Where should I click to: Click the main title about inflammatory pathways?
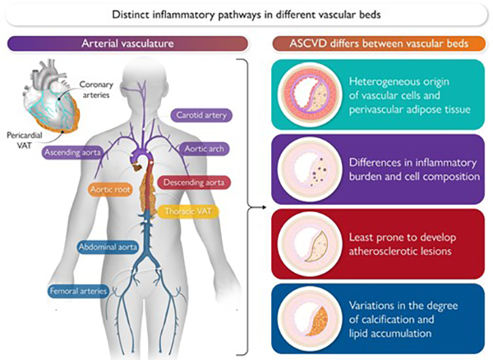246,14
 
